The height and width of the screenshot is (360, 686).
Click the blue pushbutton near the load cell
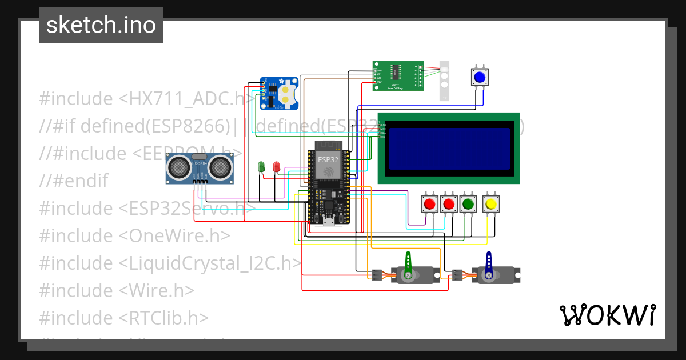coord(480,77)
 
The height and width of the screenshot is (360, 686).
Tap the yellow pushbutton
coord(490,203)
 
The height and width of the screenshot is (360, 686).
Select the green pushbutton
coord(469,203)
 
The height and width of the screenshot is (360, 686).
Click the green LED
coord(262,167)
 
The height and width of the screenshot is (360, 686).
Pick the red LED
coord(277,167)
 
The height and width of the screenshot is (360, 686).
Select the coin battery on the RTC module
coord(288,95)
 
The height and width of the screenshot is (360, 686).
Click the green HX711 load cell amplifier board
coord(398,75)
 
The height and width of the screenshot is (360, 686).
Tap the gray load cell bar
coord(445,81)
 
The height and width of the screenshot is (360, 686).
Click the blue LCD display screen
coord(449,147)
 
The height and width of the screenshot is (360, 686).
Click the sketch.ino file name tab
coord(101,25)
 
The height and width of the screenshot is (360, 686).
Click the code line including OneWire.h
coord(135,235)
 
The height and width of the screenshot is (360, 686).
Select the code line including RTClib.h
coord(124,318)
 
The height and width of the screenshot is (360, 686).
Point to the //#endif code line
coord(73,181)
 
